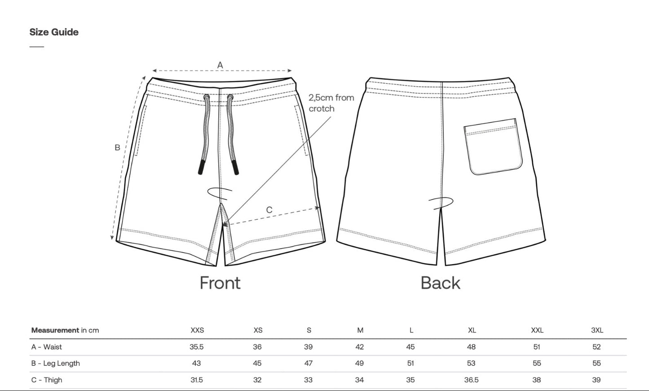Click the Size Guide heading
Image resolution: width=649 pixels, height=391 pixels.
(54, 32)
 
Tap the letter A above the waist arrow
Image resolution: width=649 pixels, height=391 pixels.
(220, 65)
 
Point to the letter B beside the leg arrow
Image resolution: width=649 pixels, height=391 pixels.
(117, 147)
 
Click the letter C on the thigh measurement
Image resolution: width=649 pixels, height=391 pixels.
(269, 210)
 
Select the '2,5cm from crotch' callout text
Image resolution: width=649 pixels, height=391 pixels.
(331, 103)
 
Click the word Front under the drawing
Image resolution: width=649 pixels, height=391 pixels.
(220, 283)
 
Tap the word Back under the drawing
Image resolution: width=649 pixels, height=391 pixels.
(441, 283)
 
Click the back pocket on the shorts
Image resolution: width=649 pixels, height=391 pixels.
(493, 147)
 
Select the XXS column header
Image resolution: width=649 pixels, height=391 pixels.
(197, 330)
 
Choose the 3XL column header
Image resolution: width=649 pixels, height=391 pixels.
(597, 330)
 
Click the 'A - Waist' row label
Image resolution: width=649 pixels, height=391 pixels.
(46, 347)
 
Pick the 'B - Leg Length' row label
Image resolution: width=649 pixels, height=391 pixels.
(55, 364)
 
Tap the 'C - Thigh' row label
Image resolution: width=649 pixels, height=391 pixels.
(47, 380)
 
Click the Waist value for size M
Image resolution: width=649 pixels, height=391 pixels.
(360, 347)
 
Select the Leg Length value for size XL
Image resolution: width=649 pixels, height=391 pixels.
(471, 363)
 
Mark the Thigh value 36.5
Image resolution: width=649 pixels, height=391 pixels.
(472, 380)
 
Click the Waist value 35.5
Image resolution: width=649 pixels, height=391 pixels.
(197, 347)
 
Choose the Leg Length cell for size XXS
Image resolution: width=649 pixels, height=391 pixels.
(196, 363)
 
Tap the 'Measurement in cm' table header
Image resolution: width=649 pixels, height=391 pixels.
(65, 330)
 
